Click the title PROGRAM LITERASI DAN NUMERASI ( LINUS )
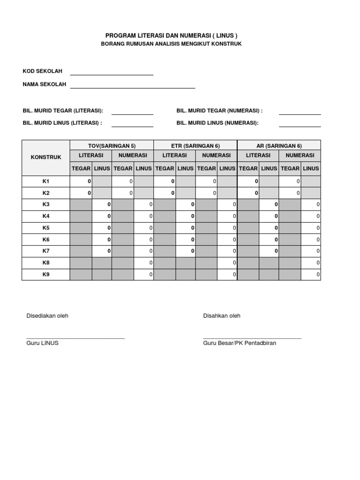click(172, 36)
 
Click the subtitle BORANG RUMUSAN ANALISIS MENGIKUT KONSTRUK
click(172, 44)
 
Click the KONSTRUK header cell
click(46, 157)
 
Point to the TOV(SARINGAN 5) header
click(112, 146)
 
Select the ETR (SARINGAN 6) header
click(195, 146)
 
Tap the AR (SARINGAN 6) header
click(279, 146)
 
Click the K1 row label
click(46, 181)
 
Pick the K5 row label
click(46, 228)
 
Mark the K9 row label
click(46, 275)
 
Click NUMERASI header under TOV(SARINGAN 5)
click(133, 155)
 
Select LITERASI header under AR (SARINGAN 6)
click(258, 155)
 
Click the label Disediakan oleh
click(47, 316)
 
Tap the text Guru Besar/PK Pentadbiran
click(240, 343)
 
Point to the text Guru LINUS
click(43, 343)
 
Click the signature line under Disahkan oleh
click(252, 337)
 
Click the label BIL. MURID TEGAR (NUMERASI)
click(219, 111)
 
